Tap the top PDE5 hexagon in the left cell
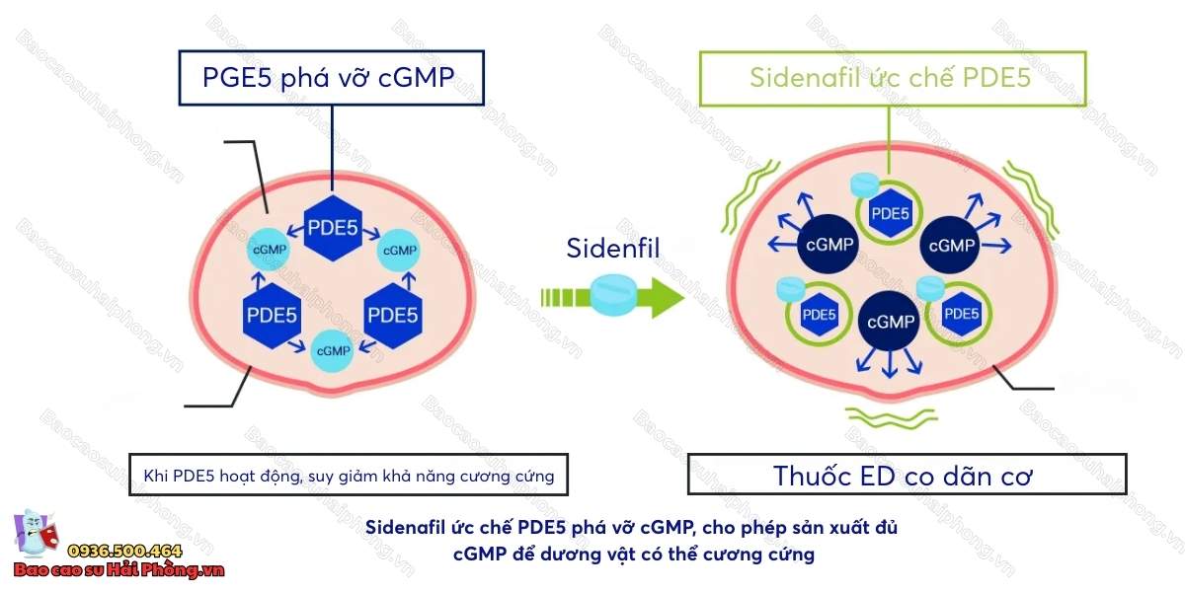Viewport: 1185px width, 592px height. [332, 228]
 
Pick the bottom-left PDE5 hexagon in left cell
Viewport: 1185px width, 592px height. [271, 316]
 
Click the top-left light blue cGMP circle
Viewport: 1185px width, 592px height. [270, 250]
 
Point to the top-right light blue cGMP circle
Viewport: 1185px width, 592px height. [399, 251]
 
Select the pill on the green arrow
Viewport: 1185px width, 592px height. [617, 295]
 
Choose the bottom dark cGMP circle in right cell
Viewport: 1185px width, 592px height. [889, 322]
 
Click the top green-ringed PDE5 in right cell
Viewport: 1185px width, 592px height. [888, 212]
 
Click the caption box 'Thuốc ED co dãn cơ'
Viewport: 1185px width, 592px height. [906, 475]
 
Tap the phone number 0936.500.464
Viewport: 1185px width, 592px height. [123, 551]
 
